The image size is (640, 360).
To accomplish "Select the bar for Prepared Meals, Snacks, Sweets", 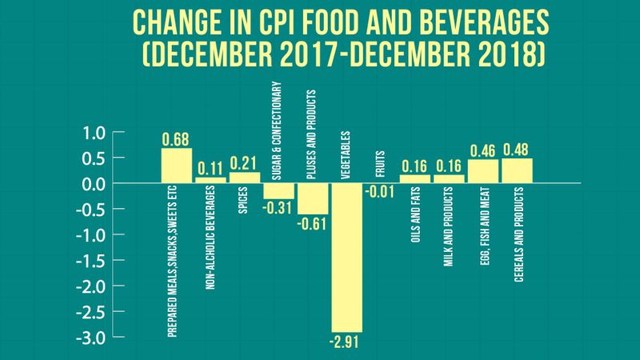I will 176,166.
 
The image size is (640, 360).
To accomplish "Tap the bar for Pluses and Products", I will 313,198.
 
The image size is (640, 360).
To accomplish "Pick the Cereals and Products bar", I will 517,170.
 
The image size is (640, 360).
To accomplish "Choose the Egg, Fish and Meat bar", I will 482,171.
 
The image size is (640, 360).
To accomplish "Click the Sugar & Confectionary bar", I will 278,191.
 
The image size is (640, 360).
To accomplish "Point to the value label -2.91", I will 347,342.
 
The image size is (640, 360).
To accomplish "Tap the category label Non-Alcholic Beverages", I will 210,242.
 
